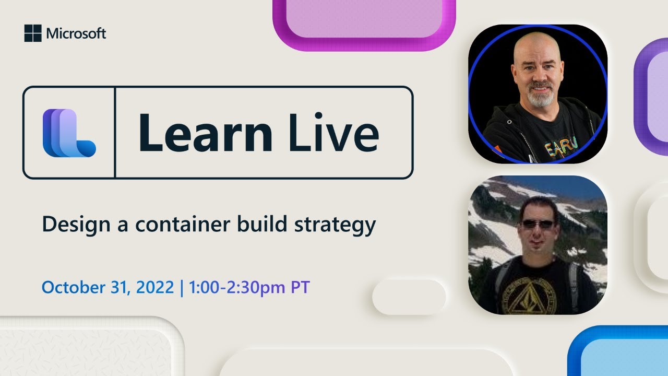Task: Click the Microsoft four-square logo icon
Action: [x=32, y=33]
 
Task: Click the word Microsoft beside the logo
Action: [x=76, y=34]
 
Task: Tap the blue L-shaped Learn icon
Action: [x=69, y=133]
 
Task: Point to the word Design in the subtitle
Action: [x=71, y=225]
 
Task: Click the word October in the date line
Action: [x=71, y=288]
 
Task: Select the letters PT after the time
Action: [x=301, y=288]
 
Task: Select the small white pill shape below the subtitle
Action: [x=409, y=297]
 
